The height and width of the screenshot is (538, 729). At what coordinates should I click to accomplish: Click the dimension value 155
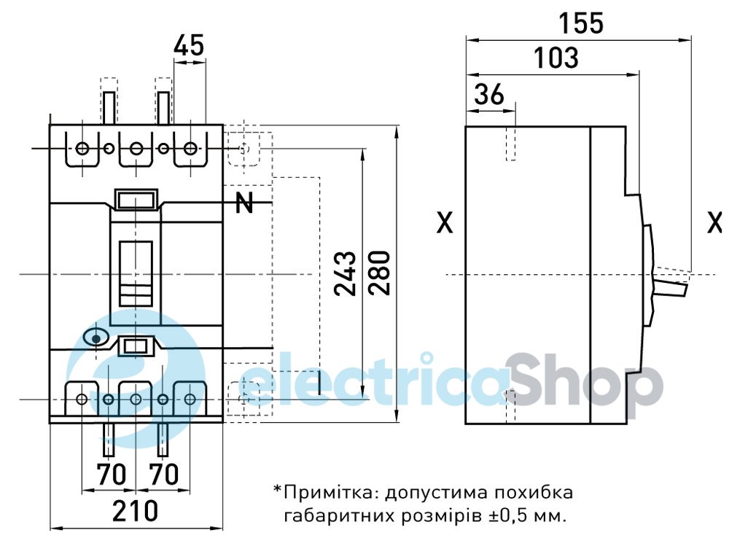coord(581,23)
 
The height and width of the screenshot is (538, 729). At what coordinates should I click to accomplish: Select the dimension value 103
coord(556,58)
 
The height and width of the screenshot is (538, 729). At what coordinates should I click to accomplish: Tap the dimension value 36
coord(489,94)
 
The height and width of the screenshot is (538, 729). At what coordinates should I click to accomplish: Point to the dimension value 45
coord(189,46)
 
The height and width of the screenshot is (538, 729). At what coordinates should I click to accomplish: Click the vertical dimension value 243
coord(346,274)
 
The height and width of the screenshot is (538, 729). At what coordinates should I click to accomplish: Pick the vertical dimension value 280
coord(379,273)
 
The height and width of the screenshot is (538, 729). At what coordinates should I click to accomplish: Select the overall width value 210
coord(136,510)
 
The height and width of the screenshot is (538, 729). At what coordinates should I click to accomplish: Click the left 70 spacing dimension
coord(111,475)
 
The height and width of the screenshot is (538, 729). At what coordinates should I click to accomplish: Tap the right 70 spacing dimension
coord(163,475)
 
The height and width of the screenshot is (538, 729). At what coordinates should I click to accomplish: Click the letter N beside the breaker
coord(244,203)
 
